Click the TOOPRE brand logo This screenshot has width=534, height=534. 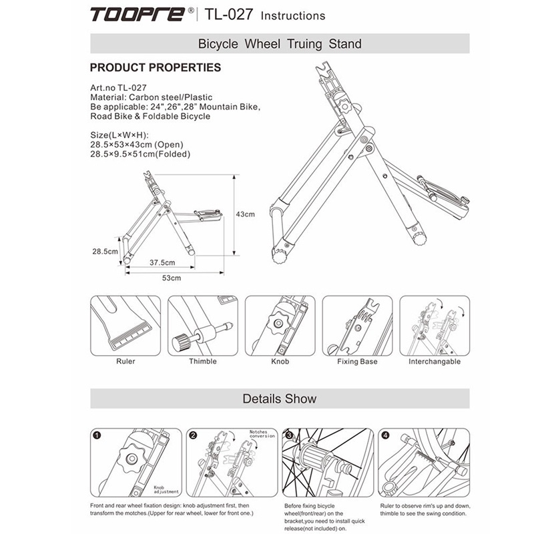click(x=138, y=14)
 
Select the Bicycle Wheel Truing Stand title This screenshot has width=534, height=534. click(x=280, y=44)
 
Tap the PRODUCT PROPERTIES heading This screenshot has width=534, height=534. click(x=155, y=67)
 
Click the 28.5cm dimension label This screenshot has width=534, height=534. click(x=105, y=252)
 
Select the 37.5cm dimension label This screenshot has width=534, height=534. click(x=162, y=262)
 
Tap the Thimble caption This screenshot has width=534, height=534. click(x=202, y=361)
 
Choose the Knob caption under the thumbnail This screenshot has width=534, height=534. click(x=280, y=361)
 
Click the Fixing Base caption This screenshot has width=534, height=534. click(x=357, y=361)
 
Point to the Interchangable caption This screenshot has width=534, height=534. click(x=434, y=361)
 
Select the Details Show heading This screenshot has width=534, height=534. click(x=280, y=399)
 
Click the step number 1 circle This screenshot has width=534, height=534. click(x=97, y=435)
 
